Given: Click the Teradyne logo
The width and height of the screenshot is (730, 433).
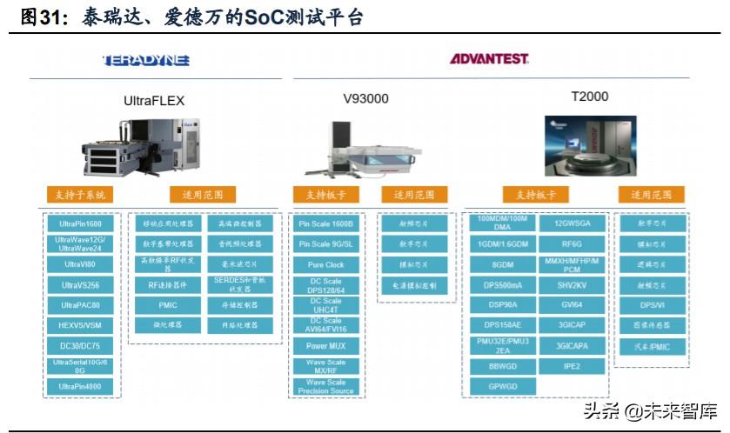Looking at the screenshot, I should [x=146, y=60].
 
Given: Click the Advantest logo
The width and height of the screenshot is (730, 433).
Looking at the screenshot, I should [x=489, y=59].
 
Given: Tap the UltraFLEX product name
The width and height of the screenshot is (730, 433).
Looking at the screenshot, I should [x=154, y=100].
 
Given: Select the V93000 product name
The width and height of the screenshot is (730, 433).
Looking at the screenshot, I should [x=365, y=98].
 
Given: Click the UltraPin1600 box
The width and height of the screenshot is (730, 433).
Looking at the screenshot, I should [x=80, y=223].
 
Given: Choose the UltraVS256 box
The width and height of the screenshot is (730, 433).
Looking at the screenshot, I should [x=80, y=284].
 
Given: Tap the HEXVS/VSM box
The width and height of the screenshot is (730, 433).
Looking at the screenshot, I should [x=80, y=325].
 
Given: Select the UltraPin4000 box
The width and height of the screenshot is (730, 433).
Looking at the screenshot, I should [x=80, y=386].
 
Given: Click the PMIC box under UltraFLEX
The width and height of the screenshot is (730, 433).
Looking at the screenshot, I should [x=168, y=305].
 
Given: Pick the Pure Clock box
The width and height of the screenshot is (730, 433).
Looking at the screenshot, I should [x=326, y=264].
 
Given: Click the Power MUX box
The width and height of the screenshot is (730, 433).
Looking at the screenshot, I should [x=326, y=345].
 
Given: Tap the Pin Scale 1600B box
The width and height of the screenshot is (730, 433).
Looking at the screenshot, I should [x=326, y=223].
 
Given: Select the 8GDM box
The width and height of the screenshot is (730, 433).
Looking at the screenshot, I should [x=502, y=264].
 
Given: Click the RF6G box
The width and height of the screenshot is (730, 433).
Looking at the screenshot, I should [x=572, y=244].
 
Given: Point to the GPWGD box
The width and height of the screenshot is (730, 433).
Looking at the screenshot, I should [x=502, y=386].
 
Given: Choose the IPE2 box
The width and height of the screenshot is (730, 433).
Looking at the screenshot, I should [x=572, y=366].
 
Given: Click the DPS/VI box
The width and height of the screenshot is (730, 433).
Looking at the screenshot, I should [x=652, y=305].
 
